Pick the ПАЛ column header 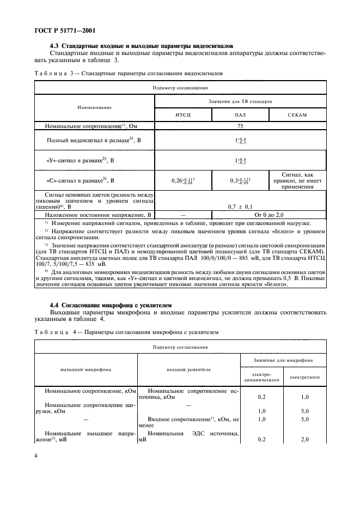tap(240, 115)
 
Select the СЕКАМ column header tap(297, 115)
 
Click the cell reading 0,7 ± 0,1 tap(240, 207)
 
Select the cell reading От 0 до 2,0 tap(269, 215)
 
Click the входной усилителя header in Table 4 tap(188, 369)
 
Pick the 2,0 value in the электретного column tap(305, 439)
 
